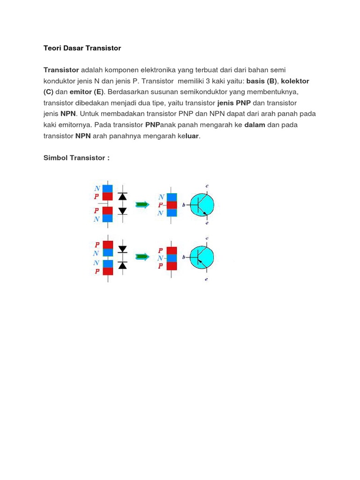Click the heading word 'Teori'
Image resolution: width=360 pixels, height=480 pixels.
point(52,48)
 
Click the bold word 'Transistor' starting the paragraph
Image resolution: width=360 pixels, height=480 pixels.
point(61,70)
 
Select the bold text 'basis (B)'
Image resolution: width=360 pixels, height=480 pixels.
point(262,81)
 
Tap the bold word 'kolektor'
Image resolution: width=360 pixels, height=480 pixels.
point(295,81)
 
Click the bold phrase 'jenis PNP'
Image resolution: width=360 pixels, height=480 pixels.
point(234,103)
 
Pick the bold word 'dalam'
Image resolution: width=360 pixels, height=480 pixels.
point(255,125)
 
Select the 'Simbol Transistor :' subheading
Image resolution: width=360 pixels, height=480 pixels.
point(76,158)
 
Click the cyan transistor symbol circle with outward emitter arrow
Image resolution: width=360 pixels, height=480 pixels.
point(202,205)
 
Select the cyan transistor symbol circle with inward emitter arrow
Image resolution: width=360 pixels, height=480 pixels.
point(202,257)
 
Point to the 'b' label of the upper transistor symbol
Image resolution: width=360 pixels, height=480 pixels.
point(183,205)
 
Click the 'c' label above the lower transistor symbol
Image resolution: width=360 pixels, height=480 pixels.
point(207,239)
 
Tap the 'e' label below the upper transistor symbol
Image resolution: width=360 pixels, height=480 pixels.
point(207,223)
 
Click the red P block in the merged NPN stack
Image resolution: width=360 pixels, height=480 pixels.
point(172,205)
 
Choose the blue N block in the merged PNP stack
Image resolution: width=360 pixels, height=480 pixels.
point(172,257)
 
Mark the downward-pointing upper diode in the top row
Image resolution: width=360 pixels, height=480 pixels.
point(123,196)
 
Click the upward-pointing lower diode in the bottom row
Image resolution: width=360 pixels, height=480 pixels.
point(123,266)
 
